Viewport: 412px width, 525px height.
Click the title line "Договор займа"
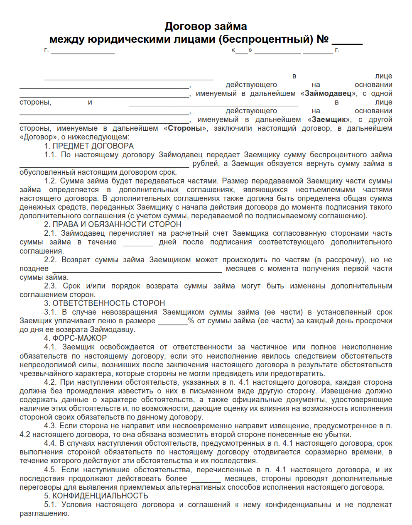[x=206, y=27]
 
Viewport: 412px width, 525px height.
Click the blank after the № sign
[x=347, y=40]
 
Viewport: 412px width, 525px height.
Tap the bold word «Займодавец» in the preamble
[x=328, y=93]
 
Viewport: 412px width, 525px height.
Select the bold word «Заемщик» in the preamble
[x=329, y=120]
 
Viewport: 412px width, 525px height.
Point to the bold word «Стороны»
[x=185, y=128]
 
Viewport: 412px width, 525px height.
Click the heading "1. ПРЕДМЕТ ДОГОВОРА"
[x=89, y=146]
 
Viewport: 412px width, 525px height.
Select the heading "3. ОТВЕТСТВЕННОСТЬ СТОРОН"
[x=104, y=303]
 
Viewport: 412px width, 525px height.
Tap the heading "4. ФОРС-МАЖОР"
[x=75, y=338]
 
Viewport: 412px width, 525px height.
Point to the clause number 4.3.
[x=50, y=426]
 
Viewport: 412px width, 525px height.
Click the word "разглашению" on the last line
[x=44, y=514]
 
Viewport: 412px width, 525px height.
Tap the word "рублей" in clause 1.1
[x=206, y=164]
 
